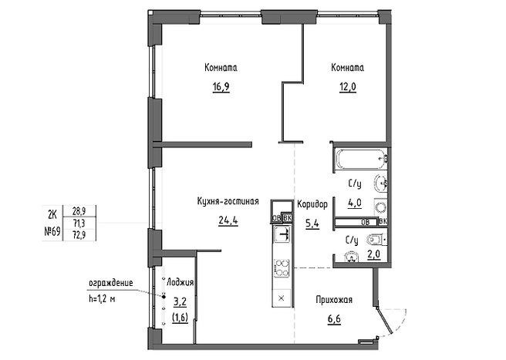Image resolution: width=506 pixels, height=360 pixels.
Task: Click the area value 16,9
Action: point(221,87)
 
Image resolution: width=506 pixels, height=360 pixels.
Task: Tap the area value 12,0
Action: point(348,87)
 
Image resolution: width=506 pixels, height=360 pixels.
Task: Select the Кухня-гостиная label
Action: point(228,201)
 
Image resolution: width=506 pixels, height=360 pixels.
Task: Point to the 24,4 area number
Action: point(228,220)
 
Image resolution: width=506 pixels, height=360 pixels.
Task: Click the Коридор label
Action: point(312,204)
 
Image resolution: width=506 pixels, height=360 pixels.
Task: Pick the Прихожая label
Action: point(334,300)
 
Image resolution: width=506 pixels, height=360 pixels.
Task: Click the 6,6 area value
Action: point(334,319)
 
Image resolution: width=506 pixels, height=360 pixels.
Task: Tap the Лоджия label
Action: point(180,283)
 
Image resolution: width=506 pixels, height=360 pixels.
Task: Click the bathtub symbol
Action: point(361,158)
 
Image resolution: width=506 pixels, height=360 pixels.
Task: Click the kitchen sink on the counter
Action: point(282,234)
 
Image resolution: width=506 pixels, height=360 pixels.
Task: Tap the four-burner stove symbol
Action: point(282,267)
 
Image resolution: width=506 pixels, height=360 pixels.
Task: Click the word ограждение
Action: point(111,283)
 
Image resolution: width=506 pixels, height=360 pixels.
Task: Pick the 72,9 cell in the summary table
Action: point(79,234)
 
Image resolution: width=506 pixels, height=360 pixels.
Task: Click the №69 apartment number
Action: point(52,231)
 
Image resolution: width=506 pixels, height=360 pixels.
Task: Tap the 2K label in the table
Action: point(52,214)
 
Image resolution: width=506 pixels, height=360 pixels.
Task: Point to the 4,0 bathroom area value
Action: point(354,204)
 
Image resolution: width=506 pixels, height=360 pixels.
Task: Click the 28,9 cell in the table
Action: point(79,211)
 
